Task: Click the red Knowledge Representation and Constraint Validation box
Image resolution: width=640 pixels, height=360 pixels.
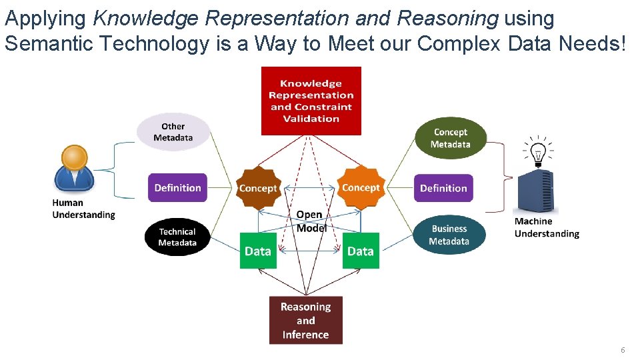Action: [x=311, y=101]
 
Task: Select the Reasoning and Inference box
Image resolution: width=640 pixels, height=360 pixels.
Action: [x=305, y=321]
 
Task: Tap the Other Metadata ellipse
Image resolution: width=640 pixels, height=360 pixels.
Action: [x=173, y=132]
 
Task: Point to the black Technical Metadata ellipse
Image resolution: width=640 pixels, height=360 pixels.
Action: [x=177, y=237]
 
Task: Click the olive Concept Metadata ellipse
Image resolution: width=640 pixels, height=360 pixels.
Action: [x=451, y=138]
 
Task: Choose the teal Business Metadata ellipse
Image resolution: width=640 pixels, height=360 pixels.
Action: [x=449, y=235]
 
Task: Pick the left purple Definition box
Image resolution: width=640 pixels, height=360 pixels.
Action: [x=177, y=188]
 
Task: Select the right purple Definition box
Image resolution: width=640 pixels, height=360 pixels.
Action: [x=443, y=188]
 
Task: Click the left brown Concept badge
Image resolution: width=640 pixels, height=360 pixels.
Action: [x=258, y=188]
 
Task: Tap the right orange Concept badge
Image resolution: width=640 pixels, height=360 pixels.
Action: [x=361, y=187]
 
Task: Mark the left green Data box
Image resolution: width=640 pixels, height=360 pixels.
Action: [x=258, y=251]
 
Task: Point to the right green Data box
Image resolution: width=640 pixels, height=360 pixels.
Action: [x=361, y=251]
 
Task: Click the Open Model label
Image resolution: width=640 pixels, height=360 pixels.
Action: [x=310, y=221]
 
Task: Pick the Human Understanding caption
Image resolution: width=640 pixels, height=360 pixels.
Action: [x=83, y=209]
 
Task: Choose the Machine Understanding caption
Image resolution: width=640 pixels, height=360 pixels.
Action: [x=547, y=227]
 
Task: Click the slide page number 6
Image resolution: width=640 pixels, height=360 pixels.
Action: [x=623, y=350]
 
